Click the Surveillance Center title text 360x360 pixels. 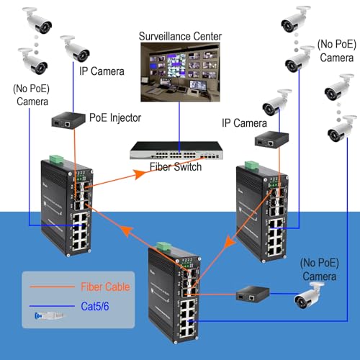[x=180, y=37]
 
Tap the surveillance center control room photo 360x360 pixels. [x=180, y=72]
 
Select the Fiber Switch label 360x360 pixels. [x=176, y=167]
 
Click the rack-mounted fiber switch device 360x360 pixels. [x=176, y=150]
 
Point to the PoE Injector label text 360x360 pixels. [x=115, y=118]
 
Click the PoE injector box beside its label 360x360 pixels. [x=68, y=120]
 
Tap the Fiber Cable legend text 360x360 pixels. [x=105, y=287]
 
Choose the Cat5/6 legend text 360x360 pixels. [x=95, y=306]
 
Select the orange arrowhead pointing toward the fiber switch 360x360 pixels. [x=139, y=174]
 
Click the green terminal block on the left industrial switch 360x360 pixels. [x=56, y=160]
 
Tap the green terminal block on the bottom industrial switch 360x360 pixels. [x=163, y=247]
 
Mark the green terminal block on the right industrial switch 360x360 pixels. [x=251, y=166]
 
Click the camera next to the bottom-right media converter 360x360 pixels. [x=309, y=295]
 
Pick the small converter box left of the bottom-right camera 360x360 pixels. [x=253, y=294]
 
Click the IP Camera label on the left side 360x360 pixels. [x=102, y=71]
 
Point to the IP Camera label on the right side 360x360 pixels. [x=244, y=123]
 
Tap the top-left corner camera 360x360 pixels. [x=37, y=20]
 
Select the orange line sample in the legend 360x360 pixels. [x=52, y=287]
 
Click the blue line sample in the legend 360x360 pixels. [x=52, y=306]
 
